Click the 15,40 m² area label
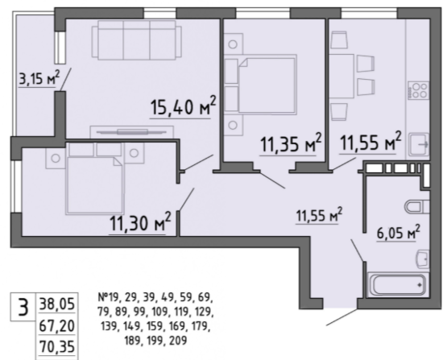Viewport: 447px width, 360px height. tap(184, 106)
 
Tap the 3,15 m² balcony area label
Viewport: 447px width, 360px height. tap(39, 78)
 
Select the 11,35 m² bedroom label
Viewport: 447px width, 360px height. tap(291, 143)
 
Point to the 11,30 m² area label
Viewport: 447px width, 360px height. tap(140, 222)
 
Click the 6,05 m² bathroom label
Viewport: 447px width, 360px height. tap(398, 232)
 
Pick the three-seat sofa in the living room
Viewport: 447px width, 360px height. tap(137, 40)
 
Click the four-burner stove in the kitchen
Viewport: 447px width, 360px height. tap(418, 90)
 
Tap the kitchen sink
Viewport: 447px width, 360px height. tap(419, 144)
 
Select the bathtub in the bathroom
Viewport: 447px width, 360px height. tap(398, 284)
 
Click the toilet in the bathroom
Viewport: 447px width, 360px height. tap(417, 207)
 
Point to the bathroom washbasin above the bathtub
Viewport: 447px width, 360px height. tap(423, 259)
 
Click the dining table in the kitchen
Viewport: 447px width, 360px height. tap(341, 77)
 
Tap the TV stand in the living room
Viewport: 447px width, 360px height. tap(132, 133)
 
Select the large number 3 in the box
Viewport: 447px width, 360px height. tap(23, 307)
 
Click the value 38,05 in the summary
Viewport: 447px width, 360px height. tap(56, 304)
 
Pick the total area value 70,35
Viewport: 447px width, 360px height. tap(57, 347)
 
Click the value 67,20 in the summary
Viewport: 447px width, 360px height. tap(56, 325)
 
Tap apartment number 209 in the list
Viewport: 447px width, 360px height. tap(178, 340)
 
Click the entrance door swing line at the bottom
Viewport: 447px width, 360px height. tap(341, 317)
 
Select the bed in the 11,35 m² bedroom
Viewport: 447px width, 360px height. tap(261, 85)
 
